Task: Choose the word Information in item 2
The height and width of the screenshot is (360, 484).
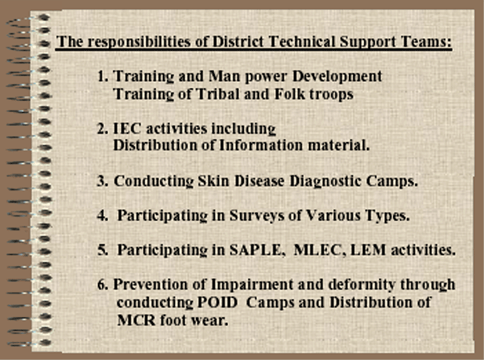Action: pos(261,145)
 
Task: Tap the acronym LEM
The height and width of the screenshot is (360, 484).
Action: pos(368,250)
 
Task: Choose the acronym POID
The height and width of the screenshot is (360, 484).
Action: pos(217,303)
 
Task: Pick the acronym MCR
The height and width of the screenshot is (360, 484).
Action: pos(136,320)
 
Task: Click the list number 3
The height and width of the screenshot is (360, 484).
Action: pos(102,182)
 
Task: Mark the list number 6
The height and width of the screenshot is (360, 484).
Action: pos(102,284)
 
